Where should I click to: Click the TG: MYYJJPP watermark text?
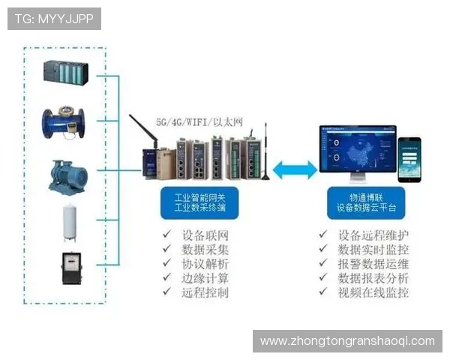click(53, 18)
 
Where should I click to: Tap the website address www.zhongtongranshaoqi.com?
click(347, 340)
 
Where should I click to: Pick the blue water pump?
click(65, 175)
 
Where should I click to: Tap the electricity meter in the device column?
click(71, 268)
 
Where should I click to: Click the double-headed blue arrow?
click(295, 170)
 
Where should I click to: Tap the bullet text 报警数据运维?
click(373, 263)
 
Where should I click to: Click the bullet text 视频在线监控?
click(373, 292)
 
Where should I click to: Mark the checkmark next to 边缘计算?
click(166, 278)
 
